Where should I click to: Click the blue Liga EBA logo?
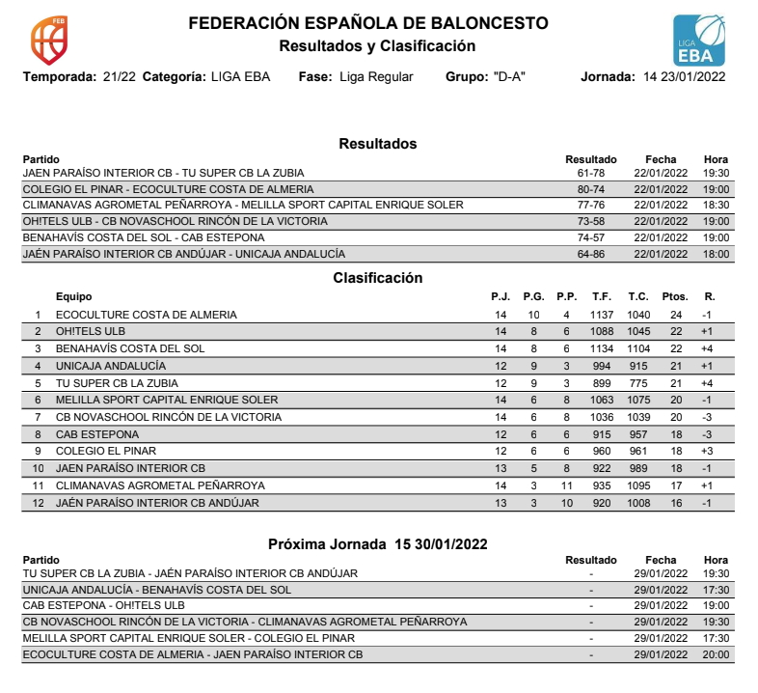point(700,41)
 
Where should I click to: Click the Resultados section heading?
point(378,144)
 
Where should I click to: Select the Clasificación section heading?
point(378,278)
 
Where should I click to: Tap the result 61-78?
point(590,174)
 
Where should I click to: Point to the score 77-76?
point(590,206)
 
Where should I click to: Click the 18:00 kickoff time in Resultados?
point(717,254)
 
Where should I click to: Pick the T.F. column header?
point(602,297)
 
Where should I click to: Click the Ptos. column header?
point(675,297)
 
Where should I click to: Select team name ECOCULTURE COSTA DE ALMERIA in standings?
point(147,315)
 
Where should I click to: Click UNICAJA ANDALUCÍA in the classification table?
point(111,366)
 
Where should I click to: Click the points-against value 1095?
point(638,485)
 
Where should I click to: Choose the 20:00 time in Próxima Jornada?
point(717,654)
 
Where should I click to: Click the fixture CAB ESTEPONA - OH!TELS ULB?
point(104,606)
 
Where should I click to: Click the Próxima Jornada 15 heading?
point(378,544)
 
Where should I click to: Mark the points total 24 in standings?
point(676,315)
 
